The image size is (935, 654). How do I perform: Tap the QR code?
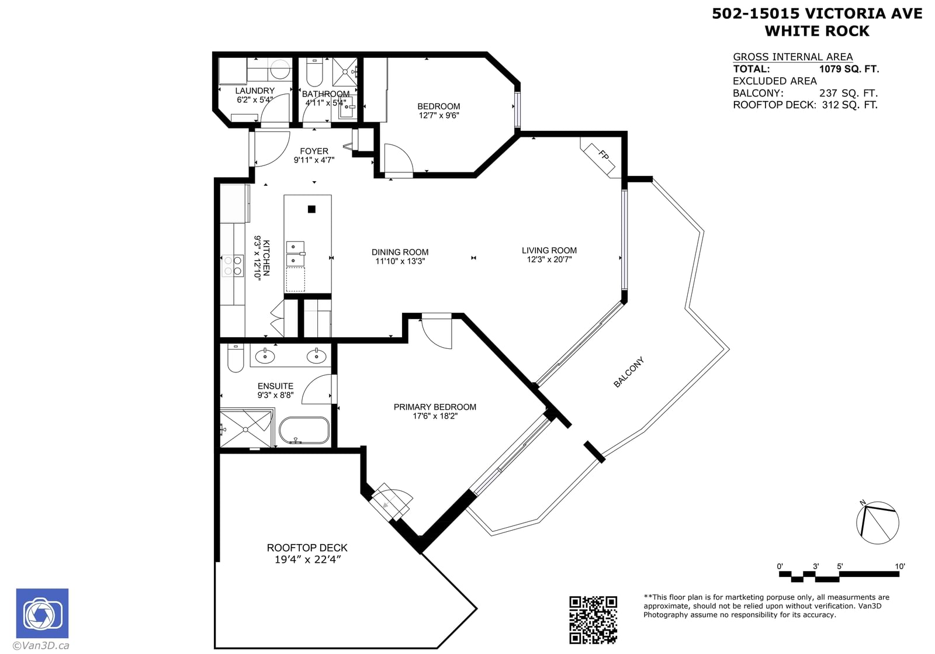click(x=593, y=620)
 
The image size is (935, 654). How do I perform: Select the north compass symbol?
click(x=877, y=522)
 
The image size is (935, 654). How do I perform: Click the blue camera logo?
click(x=42, y=613)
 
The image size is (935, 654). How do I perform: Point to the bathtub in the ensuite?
click(x=304, y=430)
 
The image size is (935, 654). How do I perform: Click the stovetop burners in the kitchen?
click(x=233, y=266)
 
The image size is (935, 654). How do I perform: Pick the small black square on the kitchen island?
click(x=311, y=209)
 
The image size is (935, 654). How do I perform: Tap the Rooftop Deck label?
click(x=307, y=548)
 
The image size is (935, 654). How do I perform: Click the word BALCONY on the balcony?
click(x=629, y=372)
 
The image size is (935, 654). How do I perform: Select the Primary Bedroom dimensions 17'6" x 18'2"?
click(x=435, y=416)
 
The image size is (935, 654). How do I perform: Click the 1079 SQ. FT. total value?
click(x=849, y=69)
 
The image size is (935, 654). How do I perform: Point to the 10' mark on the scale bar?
click(x=899, y=566)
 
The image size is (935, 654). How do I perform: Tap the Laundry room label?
click(x=255, y=91)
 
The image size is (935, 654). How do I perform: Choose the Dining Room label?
click(x=400, y=252)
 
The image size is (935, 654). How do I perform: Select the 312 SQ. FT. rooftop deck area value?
click(x=850, y=105)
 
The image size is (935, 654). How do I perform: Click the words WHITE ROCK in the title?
click(x=817, y=31)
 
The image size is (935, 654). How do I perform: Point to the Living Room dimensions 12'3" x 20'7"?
click(x=549, y=259)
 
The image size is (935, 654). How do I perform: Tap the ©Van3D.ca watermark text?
click(x=41, y=646)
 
